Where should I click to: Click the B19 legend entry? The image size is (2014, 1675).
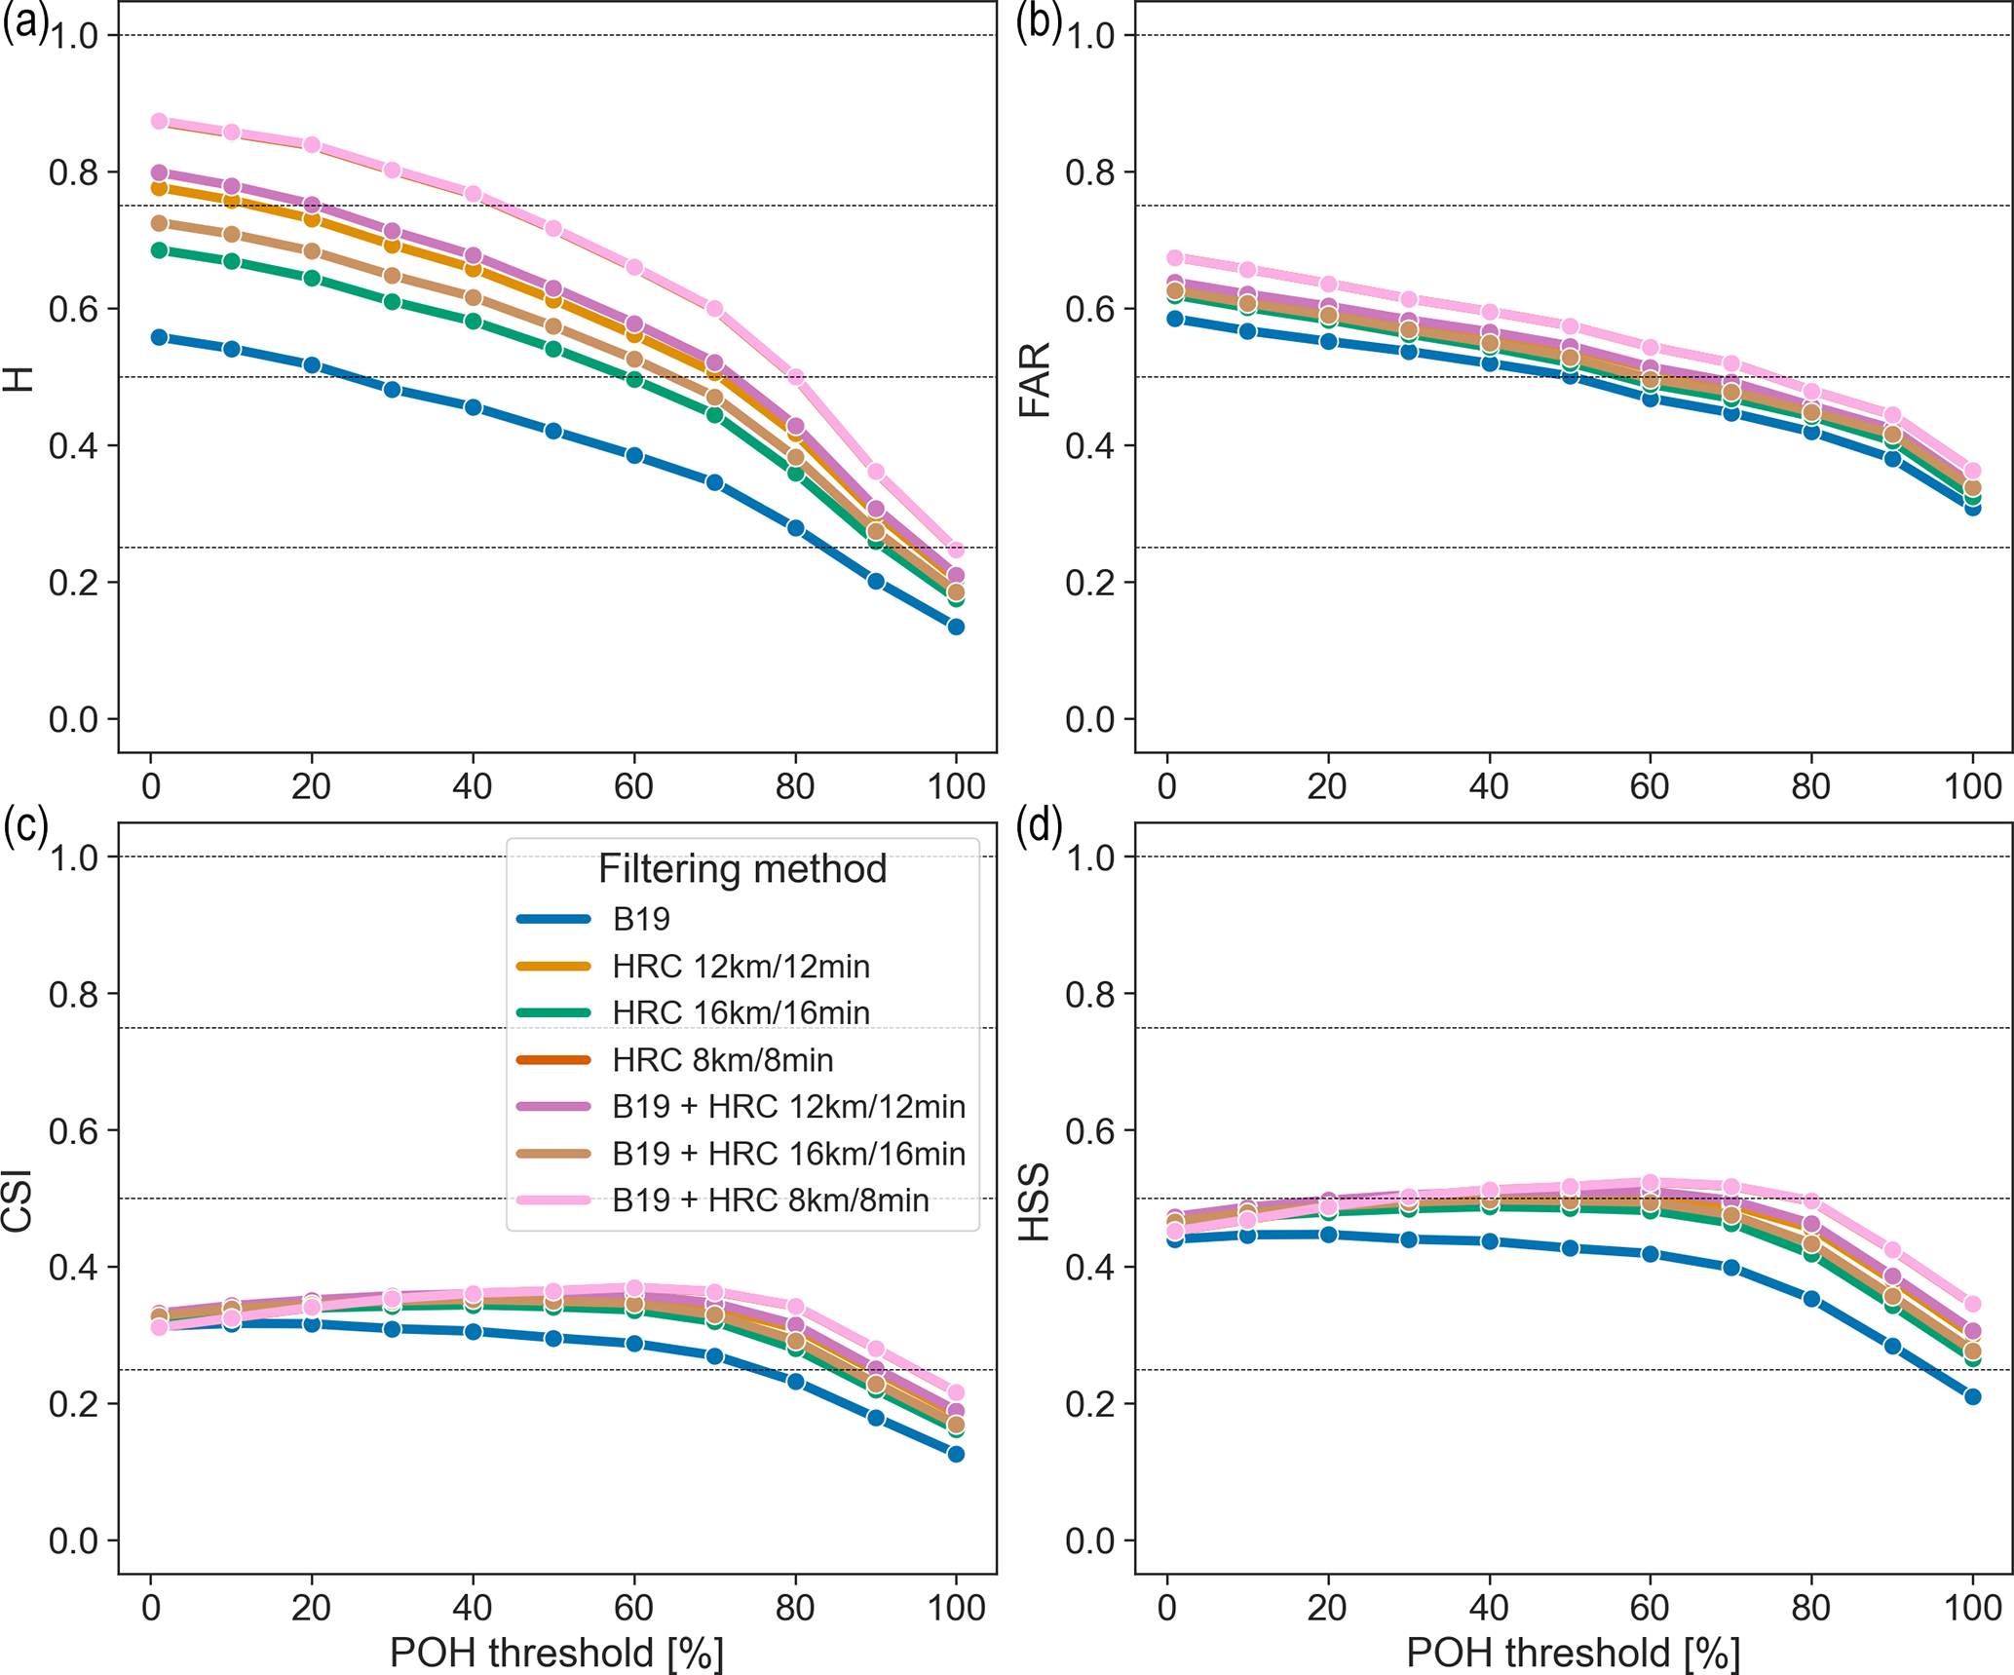(641, 919)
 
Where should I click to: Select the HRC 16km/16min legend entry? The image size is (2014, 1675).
(741, 1012)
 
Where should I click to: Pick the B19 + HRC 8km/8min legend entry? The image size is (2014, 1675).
(770, 1199)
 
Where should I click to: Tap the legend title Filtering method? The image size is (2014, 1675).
(742, 868)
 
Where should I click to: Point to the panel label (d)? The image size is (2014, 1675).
(1039, 826)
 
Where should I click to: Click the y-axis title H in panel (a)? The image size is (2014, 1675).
(19, 379)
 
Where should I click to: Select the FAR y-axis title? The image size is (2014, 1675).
(1035, 379)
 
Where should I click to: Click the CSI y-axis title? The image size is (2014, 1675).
(19, 1200)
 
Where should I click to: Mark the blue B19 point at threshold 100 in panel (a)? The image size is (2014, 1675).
(956, 627)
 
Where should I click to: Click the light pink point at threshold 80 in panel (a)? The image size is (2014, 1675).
(795, 377)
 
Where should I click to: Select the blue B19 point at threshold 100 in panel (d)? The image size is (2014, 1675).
(1972, 1396)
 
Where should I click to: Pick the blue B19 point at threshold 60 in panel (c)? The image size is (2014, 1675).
(634, 1343)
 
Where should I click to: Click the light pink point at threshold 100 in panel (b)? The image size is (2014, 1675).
(1972, 471)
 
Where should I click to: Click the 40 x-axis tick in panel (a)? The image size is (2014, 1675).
(473, 785)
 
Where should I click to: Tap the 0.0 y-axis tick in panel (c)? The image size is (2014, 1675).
(74, 1541)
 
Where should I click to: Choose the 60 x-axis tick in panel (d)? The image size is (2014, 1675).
(1650, 1607)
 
